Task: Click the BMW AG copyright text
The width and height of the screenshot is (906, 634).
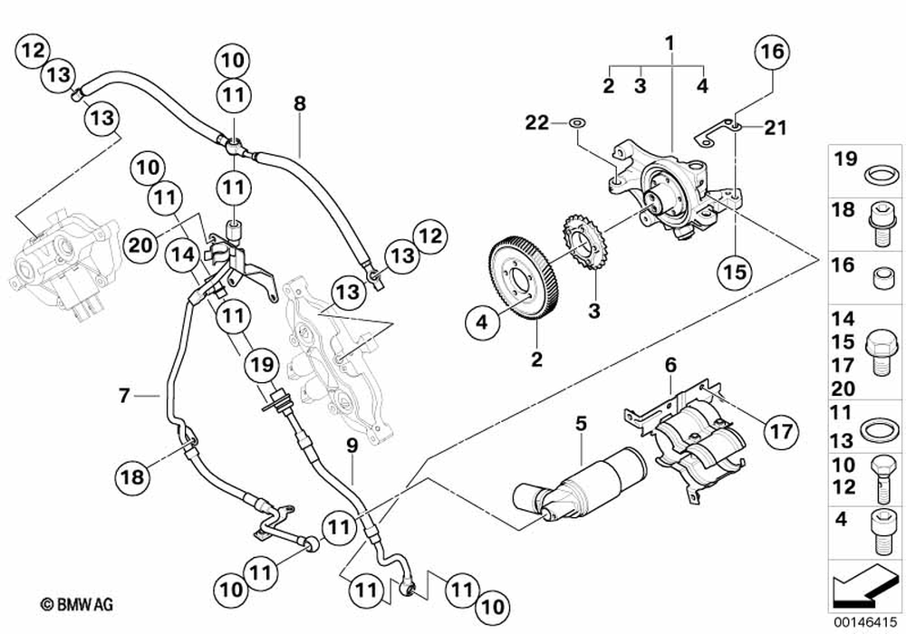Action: coord(76,604)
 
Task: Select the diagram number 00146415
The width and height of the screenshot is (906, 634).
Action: coord(865,622)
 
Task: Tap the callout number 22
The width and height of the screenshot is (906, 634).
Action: coord(536,122)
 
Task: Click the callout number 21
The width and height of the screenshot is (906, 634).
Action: coord(776,128)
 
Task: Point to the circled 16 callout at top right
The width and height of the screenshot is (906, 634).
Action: coord(773,52)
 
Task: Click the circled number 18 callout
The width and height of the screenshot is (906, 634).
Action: coord(131,477)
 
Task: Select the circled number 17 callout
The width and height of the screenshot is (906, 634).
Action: coord(781,431)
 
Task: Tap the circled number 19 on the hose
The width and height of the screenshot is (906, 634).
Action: coord(261,365)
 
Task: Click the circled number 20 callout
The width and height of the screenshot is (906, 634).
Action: coord(141,245)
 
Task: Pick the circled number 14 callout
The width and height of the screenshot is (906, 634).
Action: coord(183,255)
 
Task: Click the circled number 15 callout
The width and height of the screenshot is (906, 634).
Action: coord(736,272)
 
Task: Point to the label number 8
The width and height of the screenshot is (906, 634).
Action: coord(299,104)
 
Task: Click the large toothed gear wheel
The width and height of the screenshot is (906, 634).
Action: coord(523,275)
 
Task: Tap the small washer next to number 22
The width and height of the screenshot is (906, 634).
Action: coord(576,123)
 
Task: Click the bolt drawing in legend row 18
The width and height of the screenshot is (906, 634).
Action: coord(882,224)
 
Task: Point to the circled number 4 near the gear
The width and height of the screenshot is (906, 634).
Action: coord(482,322)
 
